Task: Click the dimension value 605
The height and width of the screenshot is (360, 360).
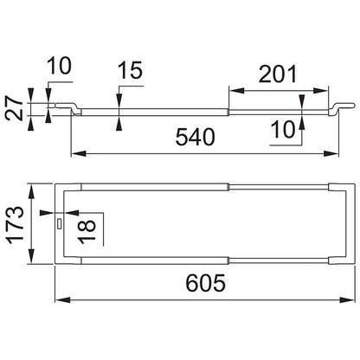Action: (x=205, y=283)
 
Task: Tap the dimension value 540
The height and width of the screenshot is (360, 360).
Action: (x=196, y=137)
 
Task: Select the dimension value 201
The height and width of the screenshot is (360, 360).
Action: (x=278, y=74)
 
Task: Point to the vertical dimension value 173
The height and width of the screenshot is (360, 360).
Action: (x=16, y=225)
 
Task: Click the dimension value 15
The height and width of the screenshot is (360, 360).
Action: (x=131, y=70)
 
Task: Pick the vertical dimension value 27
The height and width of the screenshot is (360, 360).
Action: (x=14, y=109)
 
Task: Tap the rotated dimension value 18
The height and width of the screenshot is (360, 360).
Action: (x=87, y=232)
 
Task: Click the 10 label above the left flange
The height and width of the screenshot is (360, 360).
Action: (x=59, y=66)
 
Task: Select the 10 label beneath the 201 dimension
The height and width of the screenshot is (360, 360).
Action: (x=283, y=130)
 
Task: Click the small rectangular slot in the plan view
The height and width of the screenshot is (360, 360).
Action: (x=60, y=224)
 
